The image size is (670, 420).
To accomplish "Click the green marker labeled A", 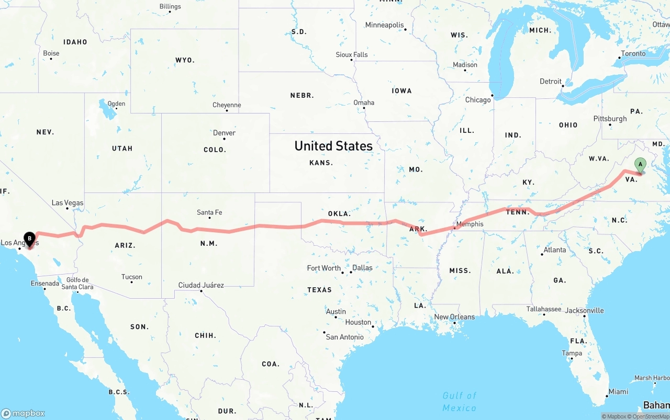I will (640, 165).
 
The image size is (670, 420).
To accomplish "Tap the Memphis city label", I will (470, 224).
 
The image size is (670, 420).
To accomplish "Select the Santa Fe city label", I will (209, 212).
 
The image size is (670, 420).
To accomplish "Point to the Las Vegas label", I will (67, 203).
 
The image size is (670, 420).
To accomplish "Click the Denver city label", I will (224, 133).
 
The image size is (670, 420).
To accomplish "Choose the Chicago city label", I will (478, 100).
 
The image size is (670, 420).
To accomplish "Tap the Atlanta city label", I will (554, 250).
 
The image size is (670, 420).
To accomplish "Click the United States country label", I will (333, 146).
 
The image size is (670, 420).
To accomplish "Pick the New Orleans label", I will (454, 317).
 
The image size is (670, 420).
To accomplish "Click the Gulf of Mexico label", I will (460, 402).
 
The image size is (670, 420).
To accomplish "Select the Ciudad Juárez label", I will (201, 286).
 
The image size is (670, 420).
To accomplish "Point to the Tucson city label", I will (131, 277).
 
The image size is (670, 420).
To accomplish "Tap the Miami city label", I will (618, 392).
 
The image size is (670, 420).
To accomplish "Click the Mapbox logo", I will (24, 413).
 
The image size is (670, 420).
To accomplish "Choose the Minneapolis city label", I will (385, 25).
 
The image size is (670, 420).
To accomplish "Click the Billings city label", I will (170, 7).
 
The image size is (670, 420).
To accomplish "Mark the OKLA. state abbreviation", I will (339, 214).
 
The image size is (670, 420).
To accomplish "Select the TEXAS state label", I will (319, 290).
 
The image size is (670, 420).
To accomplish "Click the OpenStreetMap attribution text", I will (651, 417).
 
